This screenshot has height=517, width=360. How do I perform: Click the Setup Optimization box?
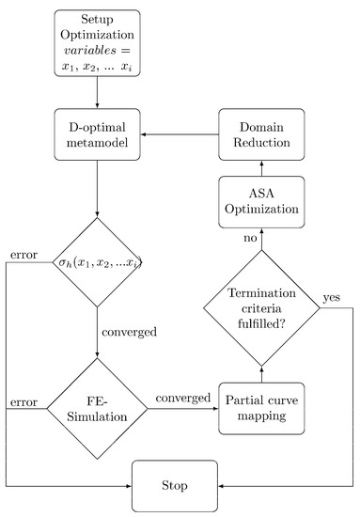98,42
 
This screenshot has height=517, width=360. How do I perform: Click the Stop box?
174,485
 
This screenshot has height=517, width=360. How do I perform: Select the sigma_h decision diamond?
98,264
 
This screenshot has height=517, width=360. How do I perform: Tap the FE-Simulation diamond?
98,407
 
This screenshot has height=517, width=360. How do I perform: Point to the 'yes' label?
332,297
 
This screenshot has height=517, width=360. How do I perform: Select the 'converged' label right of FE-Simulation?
184,398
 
